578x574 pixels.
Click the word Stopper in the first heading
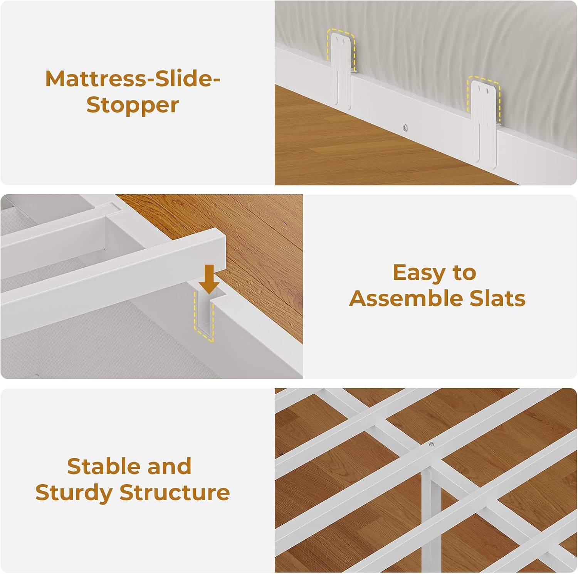pyautogui.click(x=133, y=105)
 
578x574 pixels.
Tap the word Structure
pyautogui.click(x=175, y=492)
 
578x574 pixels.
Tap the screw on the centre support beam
pyautogui.click(x=431, y=444)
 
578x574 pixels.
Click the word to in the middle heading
pyautogui.click(x=464, y=273)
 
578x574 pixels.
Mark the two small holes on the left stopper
pyautogui.click(x=341, y=39)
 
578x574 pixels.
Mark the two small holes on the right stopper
pyautogui.click(x=484, y=89)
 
